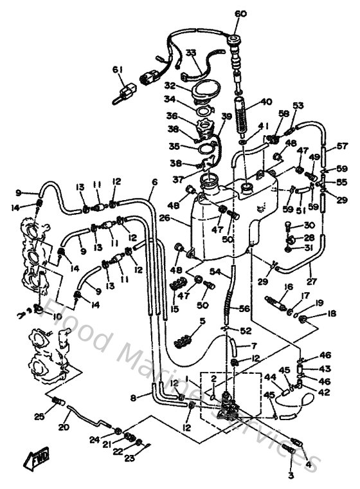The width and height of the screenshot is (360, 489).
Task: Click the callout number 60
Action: (x=240, y=14)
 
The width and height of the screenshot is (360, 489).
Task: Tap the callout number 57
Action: (x=343, y=147)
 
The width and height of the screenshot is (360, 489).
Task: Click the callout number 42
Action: (x=323, y=392)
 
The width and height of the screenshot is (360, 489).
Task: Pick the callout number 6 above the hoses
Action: (x=154, y=182)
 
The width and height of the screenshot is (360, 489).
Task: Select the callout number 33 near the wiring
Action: (x=191, y=52)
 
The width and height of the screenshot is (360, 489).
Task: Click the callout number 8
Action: (x=133, y=398)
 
